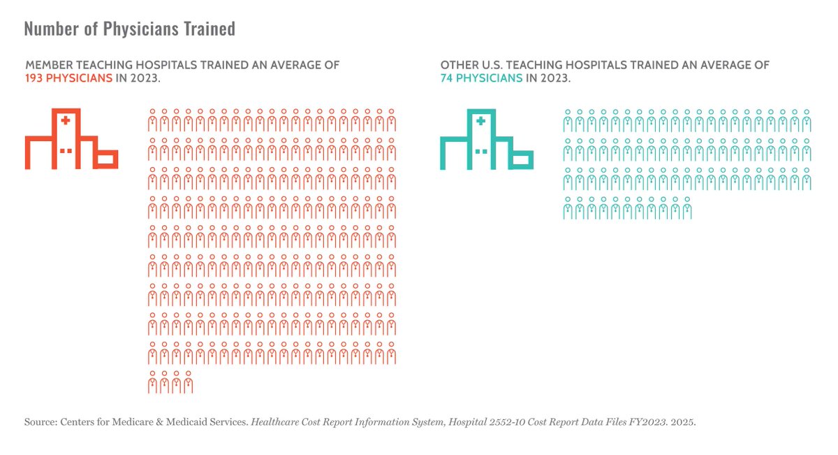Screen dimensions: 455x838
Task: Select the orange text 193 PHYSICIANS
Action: tap(68, 78)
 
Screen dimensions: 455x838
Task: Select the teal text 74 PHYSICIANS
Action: tap(481, 78)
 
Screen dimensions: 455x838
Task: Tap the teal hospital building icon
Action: tap(487, 139)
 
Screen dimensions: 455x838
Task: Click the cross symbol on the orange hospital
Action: tap(66, 120)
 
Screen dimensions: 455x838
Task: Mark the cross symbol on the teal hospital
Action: tap(480, 121)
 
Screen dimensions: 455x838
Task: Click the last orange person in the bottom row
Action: tap(188, 383)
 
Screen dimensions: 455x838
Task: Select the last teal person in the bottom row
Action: tap(687, 209)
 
